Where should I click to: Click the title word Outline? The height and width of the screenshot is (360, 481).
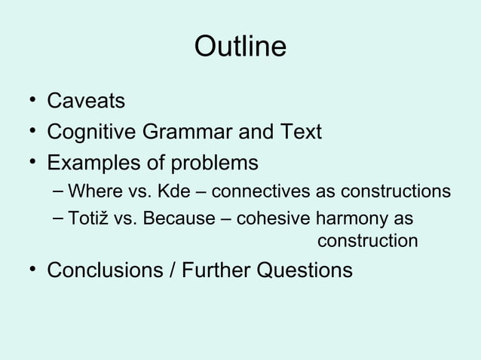pyautogui.click(x=240, y=47)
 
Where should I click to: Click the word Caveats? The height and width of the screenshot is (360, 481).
pyautogui.click(x=86, y=100)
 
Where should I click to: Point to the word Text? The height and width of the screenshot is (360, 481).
pyautogui.click(x=300, y=132)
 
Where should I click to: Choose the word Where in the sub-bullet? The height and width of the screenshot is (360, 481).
pyautogui.click(x=92, y=191)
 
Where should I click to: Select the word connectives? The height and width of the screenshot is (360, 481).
pyautogui.click(x=253, y=191)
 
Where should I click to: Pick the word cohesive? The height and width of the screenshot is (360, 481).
pyautogui.click(x=274, y=218)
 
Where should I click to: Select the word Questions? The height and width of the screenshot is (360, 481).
pyautogui.click(x=305, y=270)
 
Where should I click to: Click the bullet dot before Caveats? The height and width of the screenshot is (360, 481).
pyautogui.click(x=27, y=101)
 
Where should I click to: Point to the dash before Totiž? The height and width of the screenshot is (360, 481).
pyautogui.click(x=57, y=219)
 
